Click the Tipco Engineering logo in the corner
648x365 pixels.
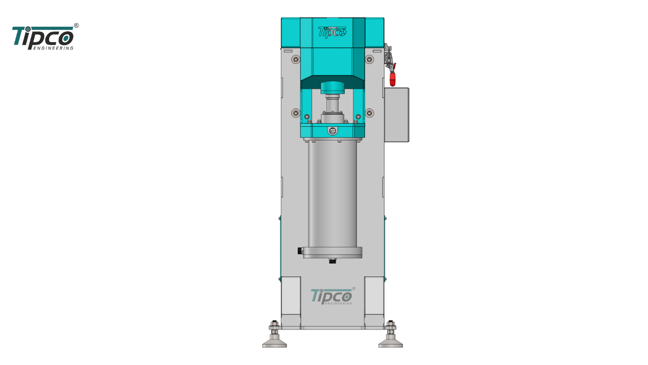[x=43, y=38]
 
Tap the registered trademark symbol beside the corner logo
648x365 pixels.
[x=76, y=25]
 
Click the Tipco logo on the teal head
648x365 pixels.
[x=332, y=32]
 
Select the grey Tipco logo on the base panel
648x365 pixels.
[x=332, y=297]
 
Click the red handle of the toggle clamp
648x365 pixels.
[x=392, y=78]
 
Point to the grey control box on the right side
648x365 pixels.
[x=396, y=115]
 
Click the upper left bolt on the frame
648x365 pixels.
[x=296, y=59]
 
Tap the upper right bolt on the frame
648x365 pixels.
[x=369, y=59]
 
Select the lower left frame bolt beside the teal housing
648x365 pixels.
[x=296, y=113]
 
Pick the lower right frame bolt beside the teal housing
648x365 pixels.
[x=370, y=113]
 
